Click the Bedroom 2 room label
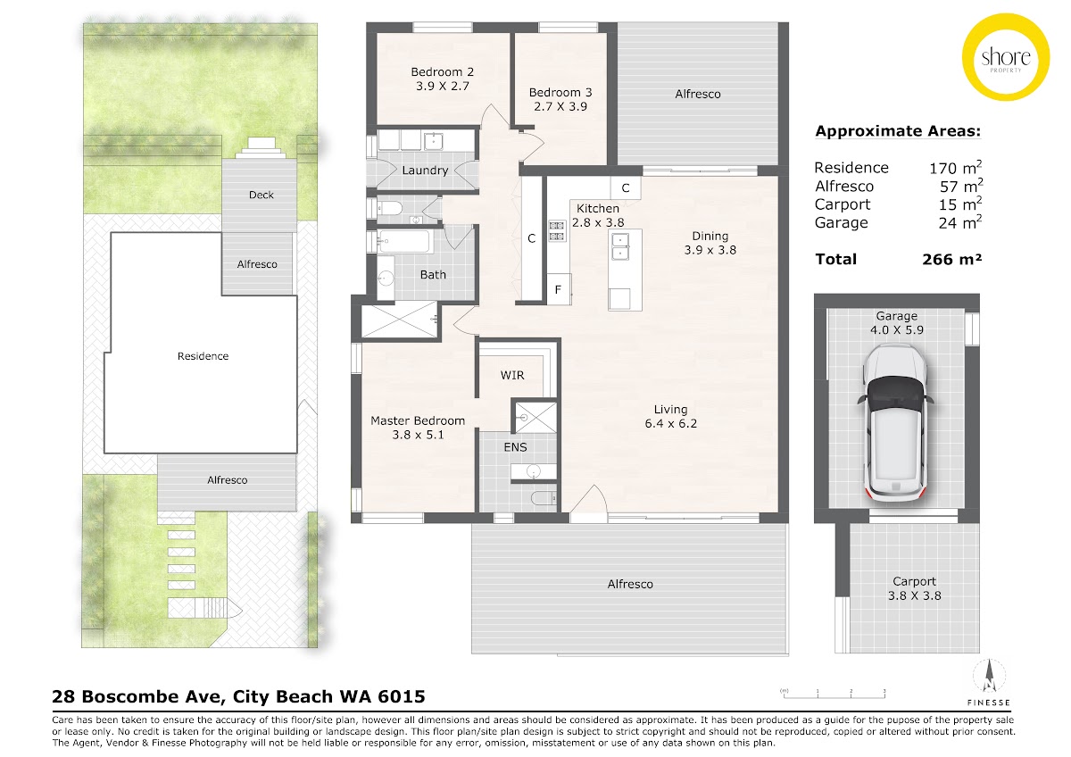443,72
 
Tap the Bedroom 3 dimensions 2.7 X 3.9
560,106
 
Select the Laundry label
425,171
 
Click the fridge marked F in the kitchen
559,289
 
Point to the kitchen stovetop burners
557,230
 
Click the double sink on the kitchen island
621,245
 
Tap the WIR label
512,376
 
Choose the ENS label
516,447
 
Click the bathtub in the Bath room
404,242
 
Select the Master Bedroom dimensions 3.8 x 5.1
418,435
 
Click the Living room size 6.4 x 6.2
671,424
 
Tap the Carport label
914,581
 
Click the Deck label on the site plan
261,195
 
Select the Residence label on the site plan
203,356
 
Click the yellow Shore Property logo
1006,57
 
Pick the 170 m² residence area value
955,167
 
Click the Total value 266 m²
952,259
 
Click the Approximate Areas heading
898,131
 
